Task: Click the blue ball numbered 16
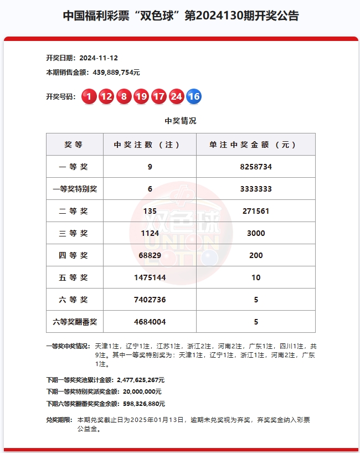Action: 194,97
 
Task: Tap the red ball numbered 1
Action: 89,97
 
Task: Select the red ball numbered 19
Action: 141,97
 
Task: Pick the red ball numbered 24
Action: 176,97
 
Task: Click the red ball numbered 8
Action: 124,97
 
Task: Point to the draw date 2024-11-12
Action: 99,58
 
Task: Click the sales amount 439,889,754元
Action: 113,72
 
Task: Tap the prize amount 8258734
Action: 256,167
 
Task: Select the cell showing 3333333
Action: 256,189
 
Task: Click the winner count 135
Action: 150,211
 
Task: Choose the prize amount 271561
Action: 256,211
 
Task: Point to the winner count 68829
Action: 150,255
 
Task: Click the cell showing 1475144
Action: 150,277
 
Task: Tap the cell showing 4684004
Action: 150,322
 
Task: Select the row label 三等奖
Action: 74,233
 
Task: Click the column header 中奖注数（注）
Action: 150,145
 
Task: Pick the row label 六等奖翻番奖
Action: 74,322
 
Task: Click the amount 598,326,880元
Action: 140,404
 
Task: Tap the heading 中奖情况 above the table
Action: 181,121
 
